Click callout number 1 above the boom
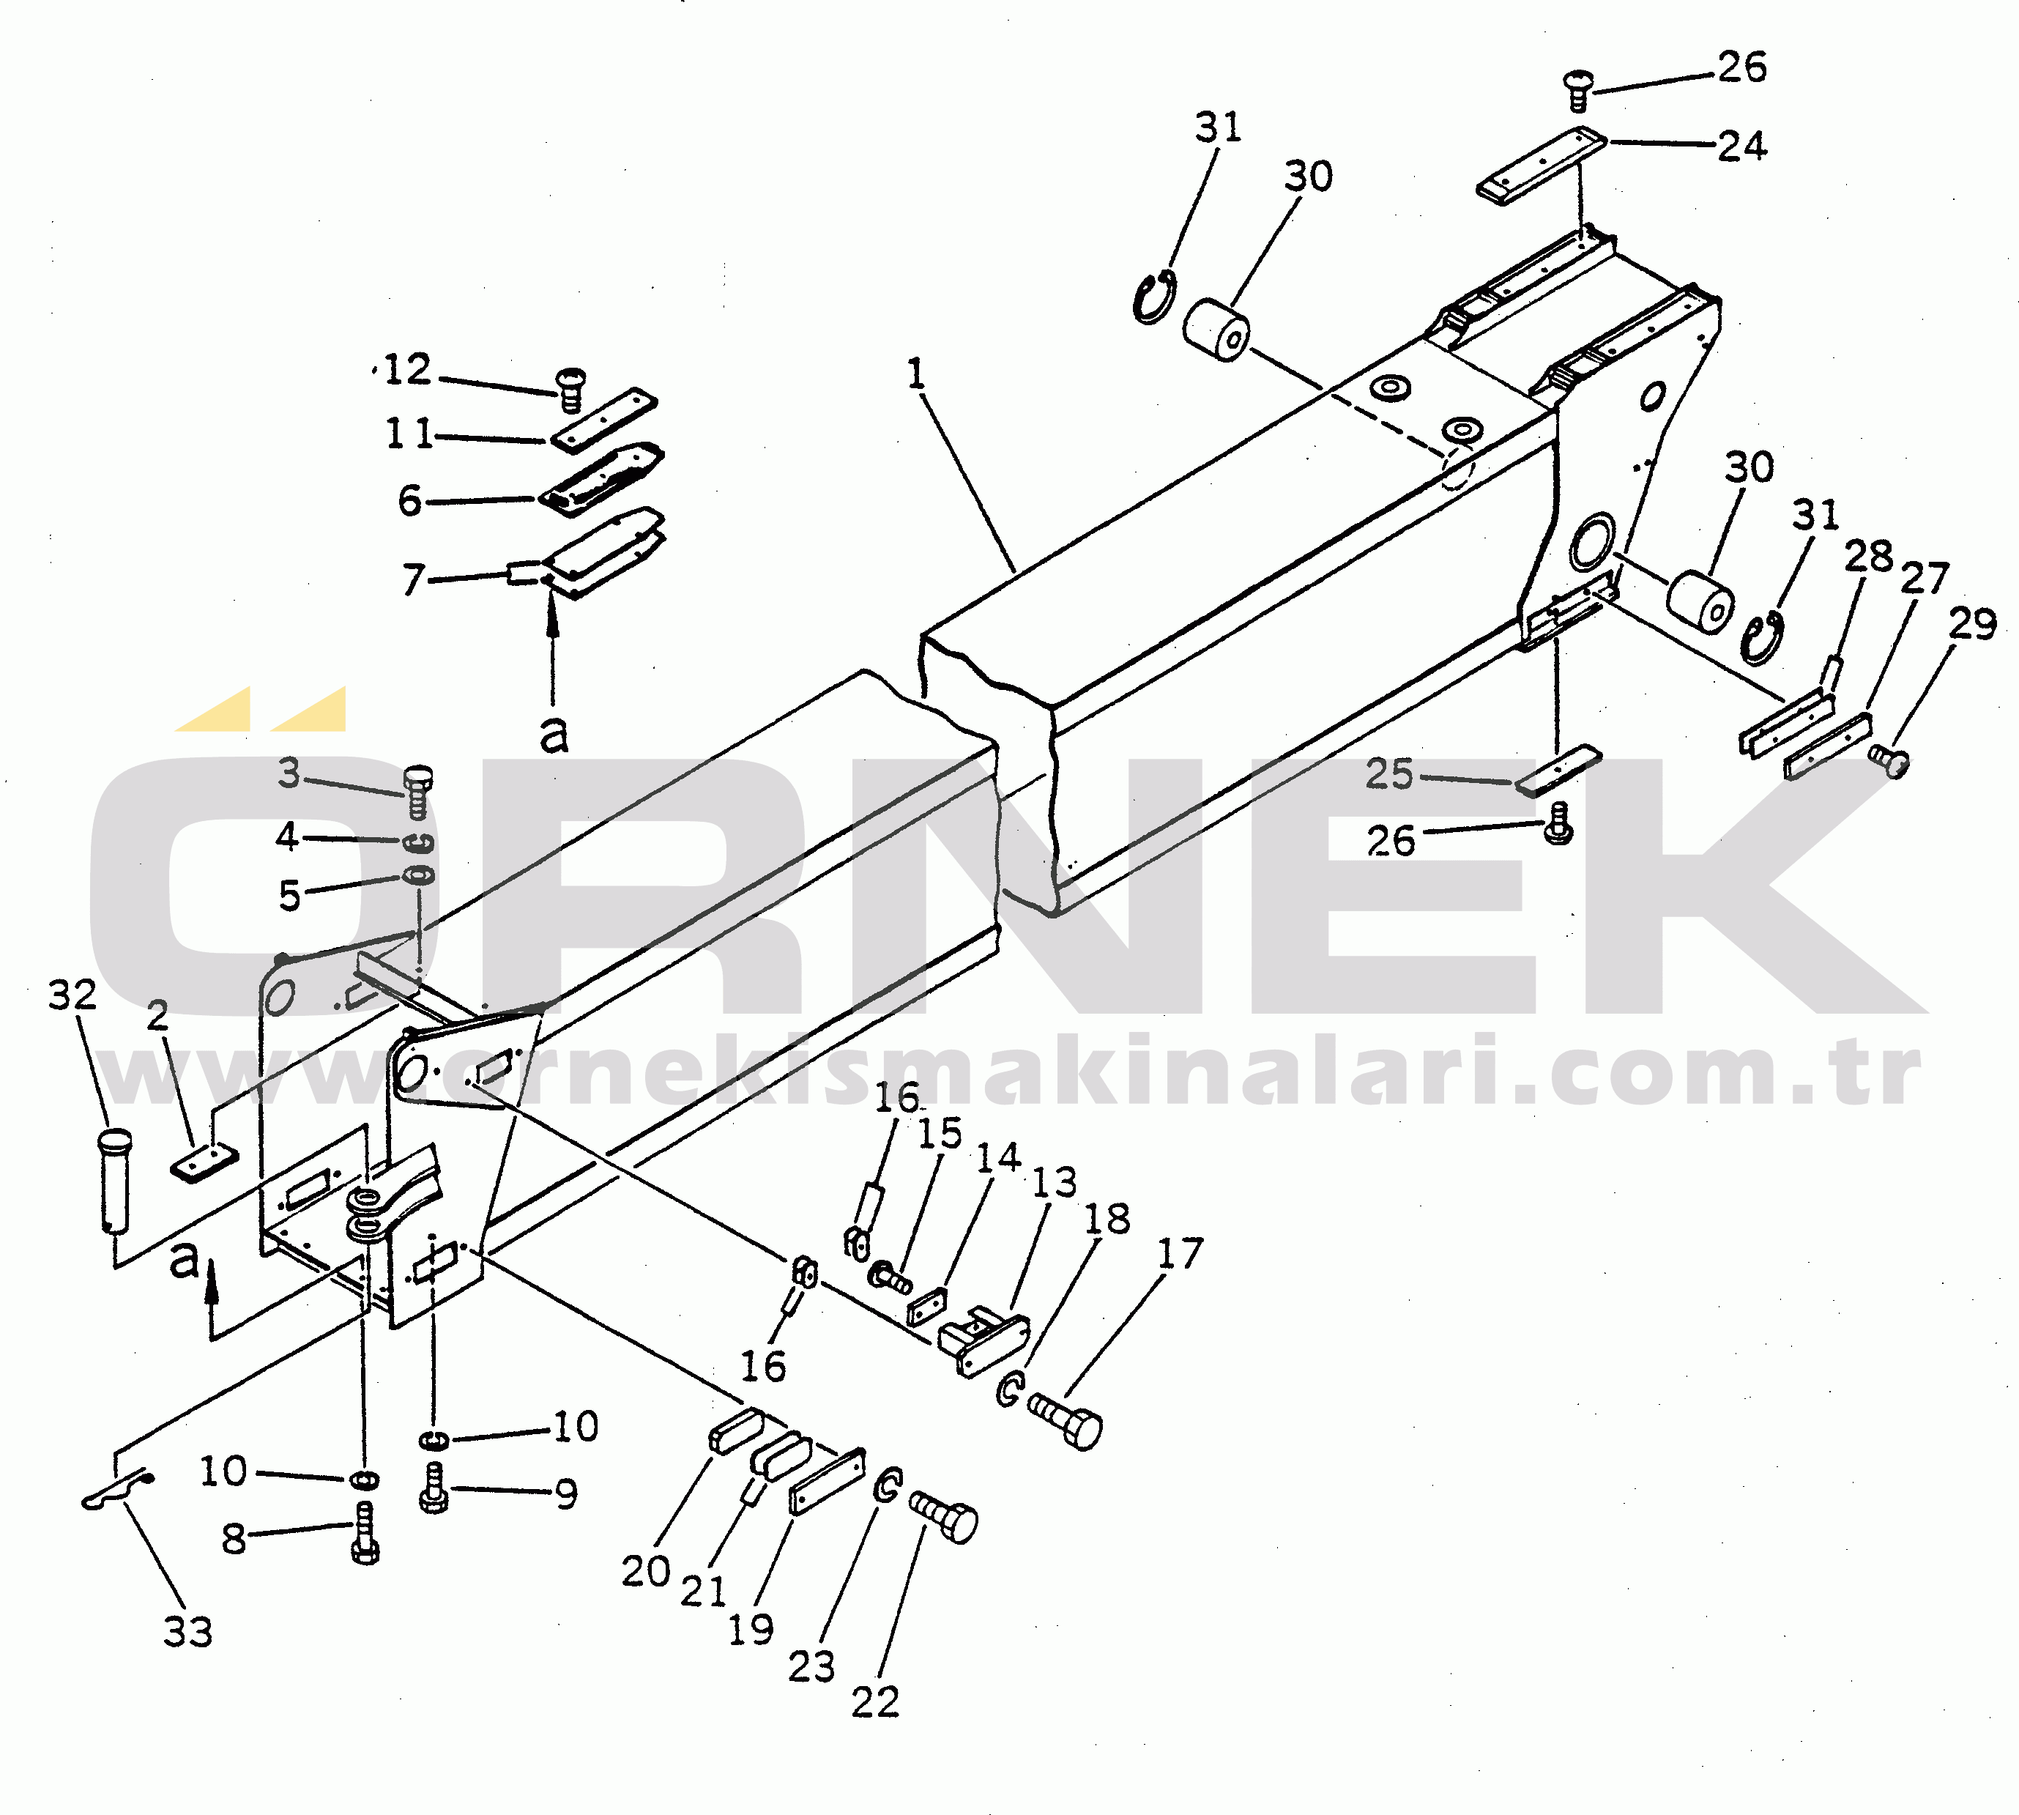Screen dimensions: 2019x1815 [916, 375]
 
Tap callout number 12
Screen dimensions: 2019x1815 [406, 370]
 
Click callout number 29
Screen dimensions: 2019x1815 [1973, 624]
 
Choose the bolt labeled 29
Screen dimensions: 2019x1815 [1889, 761]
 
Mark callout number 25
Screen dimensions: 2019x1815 [1390, 774]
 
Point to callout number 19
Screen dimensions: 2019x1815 [751, 1630]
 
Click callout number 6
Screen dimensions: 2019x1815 [410, 500]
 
